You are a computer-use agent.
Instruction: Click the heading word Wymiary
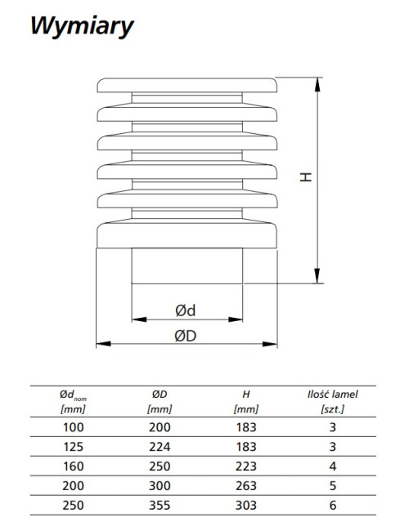(x=82, y=26)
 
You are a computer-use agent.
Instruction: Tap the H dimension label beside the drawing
(x=306, y=176)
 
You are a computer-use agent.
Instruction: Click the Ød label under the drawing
(x=186, y=310)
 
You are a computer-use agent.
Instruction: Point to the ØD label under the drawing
(x=186, y=336)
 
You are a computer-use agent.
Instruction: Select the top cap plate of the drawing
(x=187, y=85)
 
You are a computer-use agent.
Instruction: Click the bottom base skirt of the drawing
(x=187, y=235)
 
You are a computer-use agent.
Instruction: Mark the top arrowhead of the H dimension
(x=317, y=85)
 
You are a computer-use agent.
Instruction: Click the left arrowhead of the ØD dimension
(x=103, y=344)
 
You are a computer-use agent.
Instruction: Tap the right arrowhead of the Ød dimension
(x=236, y=319)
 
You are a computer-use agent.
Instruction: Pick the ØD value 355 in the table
(x=160, y=505)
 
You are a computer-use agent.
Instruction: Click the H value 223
(x=246, y=466)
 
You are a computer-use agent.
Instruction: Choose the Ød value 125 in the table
(x=74, y=447)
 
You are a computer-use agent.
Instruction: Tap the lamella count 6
(x=333, y=505)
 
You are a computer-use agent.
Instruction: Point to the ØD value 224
(x=160, y=447)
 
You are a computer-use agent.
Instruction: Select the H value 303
(x=246, y=505)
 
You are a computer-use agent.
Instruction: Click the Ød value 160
(x=74, y=466)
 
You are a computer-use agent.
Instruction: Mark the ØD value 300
(x=160, y=485)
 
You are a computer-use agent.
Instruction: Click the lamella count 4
(x=333, y=466)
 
